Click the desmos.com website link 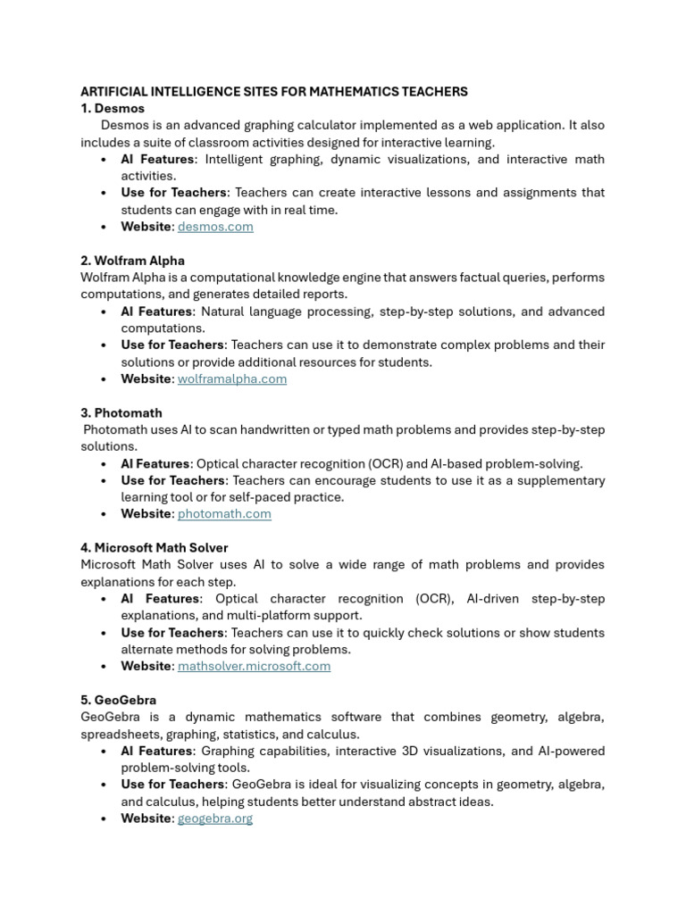click(215, 227)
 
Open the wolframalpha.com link click(232, 379)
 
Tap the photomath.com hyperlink click(224, 514)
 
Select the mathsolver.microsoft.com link click(254, 666)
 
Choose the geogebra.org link click(215, 818)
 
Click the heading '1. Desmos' click(113, 109)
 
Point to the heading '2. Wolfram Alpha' click(132, 261)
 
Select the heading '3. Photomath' click(121, 413)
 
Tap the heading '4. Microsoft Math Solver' click(154, 548)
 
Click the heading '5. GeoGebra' click(118, 701)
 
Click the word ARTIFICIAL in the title click(114, 92)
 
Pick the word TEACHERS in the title click(436, 92)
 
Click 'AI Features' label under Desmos click(157, 160)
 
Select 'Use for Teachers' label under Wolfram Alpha click(173, 345)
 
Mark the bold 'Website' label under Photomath click(146, 514)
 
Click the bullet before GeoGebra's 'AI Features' click(105, 752)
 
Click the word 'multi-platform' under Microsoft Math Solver click(244, 616)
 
